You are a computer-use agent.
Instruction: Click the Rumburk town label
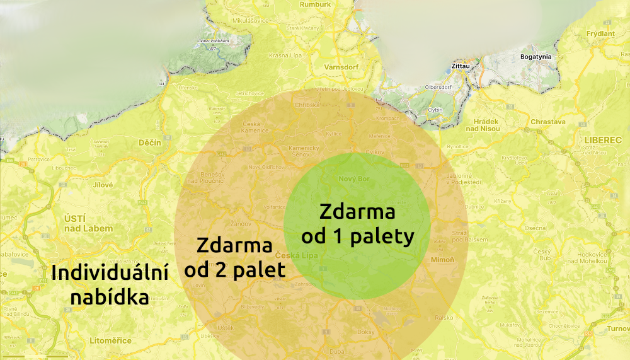click(x=316, y=4)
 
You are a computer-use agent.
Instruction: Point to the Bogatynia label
click(x=535, y=57)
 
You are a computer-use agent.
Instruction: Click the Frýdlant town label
click(x=600, y=33)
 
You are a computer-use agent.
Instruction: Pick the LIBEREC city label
click(x=598, y=137)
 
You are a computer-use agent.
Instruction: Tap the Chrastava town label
click(x=548, y=121)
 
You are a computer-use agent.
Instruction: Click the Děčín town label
click(x=150, y=143)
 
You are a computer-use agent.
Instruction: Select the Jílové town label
click(x=102, y=185)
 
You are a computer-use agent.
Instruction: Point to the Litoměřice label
click(x=111, y=340)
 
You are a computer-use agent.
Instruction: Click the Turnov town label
click(x=619, y=330)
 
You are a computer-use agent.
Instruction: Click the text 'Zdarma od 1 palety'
click(x=357, y=224)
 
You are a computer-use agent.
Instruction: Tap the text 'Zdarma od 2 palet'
click(x=234, y=257)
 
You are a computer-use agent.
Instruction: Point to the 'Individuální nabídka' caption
click(x=110, y=285)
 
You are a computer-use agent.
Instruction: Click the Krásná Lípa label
click(x=285, y=55)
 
